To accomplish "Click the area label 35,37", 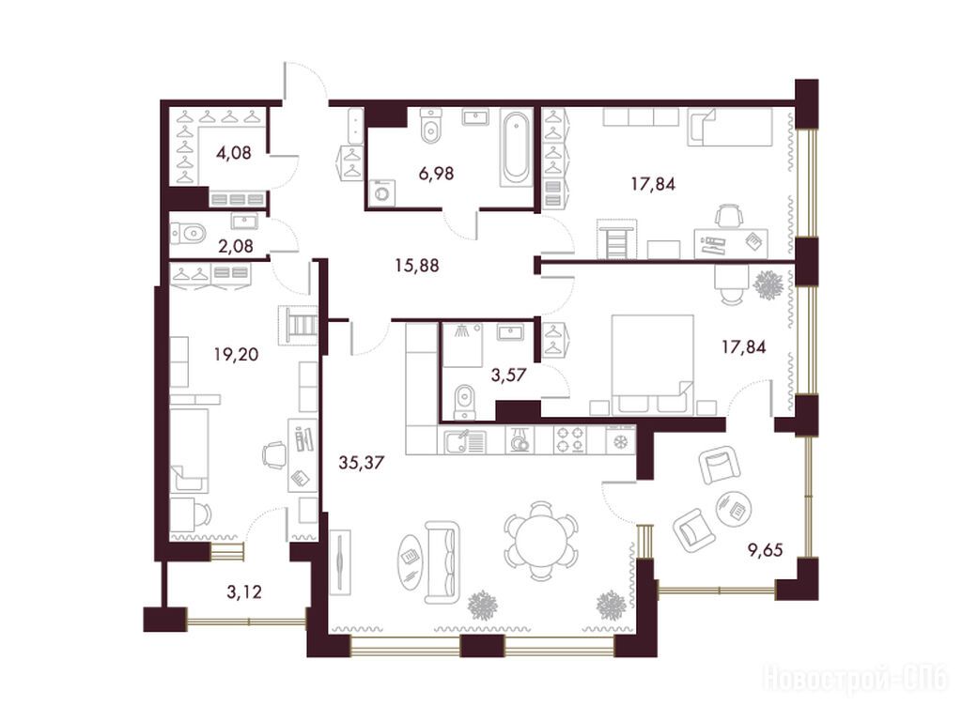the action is (362, 462).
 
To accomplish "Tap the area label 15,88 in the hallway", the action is (417, 266).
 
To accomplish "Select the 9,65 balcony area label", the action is (765, 550).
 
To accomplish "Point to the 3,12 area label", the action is (244, 591).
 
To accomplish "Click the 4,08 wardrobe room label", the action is (234, 152).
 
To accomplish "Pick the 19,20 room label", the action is (236, 354).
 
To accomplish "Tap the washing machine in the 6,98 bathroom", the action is (381, 192).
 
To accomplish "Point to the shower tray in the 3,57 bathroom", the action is (462, 345).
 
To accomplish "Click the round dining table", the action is (541, 541).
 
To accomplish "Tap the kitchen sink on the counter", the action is (464, 441).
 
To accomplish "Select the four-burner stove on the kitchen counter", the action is (570, 440).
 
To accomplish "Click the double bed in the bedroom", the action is (653, 364).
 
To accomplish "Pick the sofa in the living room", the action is (442, 562).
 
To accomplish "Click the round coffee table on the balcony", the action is (734, 508).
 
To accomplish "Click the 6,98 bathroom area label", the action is (436, 174).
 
